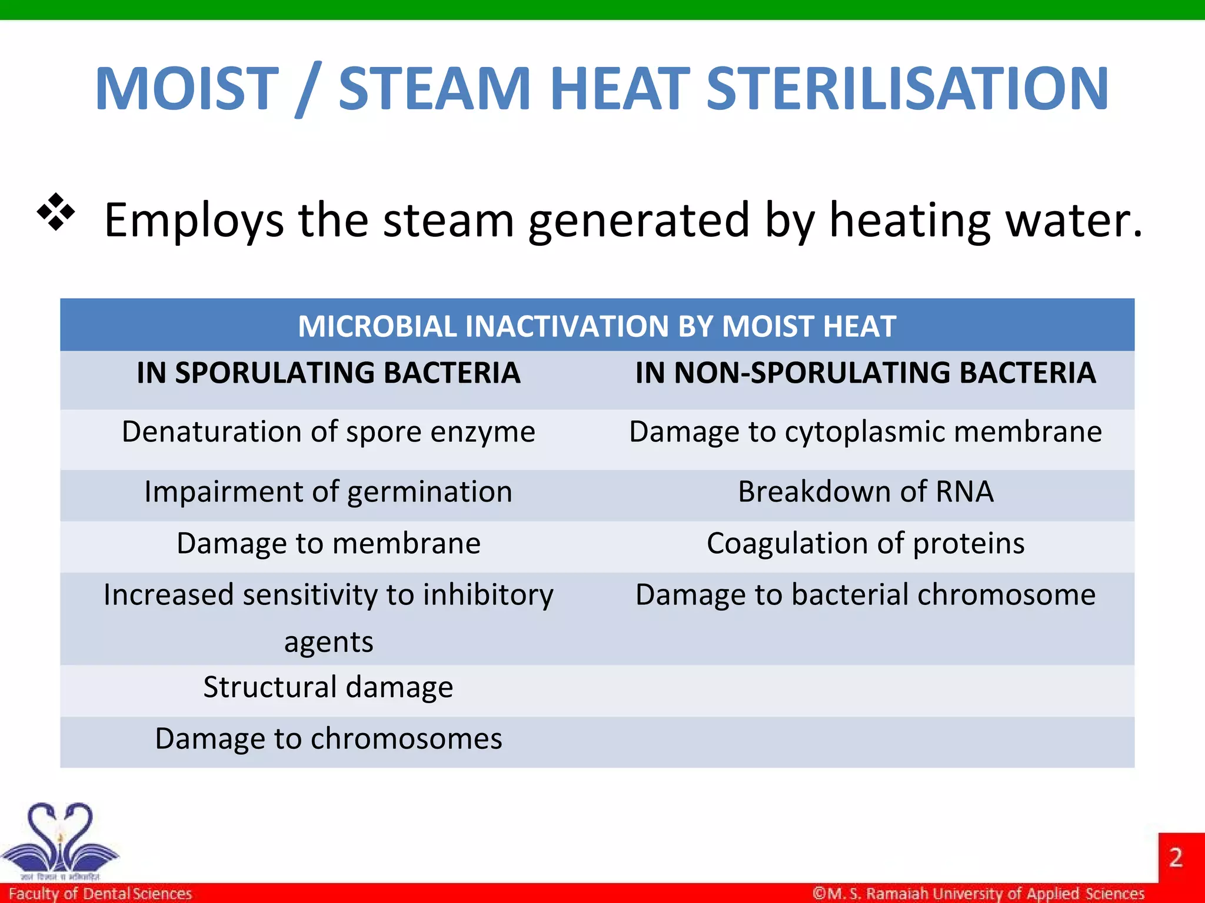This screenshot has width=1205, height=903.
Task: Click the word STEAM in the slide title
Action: pos(435,88)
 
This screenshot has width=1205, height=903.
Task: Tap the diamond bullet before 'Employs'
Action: pos(56,212)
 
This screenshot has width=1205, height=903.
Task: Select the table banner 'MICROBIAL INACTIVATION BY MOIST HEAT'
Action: pos(597,326)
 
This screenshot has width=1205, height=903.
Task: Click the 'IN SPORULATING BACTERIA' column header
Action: pos(328,373)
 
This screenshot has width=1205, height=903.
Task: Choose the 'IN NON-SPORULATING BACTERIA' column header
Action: pos(866,373)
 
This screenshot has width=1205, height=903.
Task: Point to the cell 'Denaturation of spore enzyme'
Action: pos(328,432)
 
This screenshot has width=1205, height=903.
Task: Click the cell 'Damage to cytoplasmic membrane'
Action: pos(866,432)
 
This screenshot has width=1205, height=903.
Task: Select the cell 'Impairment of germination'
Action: pos(328,491)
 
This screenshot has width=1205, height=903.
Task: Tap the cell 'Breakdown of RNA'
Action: pos(866,491)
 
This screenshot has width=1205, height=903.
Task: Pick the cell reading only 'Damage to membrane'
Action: pos(328,543)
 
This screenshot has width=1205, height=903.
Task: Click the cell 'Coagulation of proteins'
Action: pos(866,543)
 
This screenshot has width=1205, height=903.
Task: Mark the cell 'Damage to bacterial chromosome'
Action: pos(866,595)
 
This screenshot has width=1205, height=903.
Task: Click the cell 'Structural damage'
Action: pos(328,687)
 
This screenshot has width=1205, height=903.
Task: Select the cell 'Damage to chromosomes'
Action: pos(328,739)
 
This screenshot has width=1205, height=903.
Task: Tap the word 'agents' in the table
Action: pos(328,642)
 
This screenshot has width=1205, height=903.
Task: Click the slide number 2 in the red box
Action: pos(1176,858)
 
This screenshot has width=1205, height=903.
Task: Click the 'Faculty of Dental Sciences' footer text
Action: pos(100,894)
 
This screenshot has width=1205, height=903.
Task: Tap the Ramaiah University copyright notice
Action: pos(978,894)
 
